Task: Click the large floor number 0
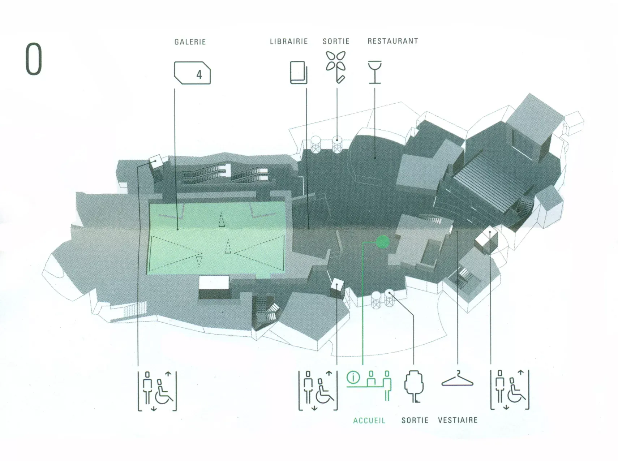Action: pos(34,59)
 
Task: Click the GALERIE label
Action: pos(190,42)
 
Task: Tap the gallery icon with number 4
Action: pos(192,73)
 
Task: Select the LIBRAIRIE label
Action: pos(289,42)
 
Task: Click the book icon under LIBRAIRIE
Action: pos(299,73)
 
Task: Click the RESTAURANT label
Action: pos(393,41)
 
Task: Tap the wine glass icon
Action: pos(375,72)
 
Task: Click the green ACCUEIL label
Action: pos(369,421)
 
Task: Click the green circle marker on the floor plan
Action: pos(382,242)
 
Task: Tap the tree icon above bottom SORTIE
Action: pos(414,386)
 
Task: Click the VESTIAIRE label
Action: pos(458,420)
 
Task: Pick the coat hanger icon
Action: pos(457,379)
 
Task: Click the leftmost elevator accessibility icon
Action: pos(157,391)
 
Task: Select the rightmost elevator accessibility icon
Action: pos(510,390)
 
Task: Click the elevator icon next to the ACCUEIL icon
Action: pos(318,390)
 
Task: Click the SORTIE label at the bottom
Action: pos(415,420)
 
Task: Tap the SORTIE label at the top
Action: pos(336,41)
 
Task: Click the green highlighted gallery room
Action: pos(217,238)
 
